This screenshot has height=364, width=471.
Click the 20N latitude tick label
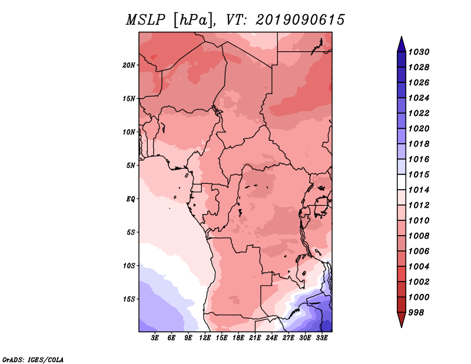[x=129, y=65]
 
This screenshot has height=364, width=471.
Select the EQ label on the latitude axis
[x=131, y=199]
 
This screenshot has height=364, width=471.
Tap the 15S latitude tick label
[x=129, y=299]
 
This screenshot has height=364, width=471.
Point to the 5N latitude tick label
[x=131, y=166]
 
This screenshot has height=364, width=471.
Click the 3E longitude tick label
[x=155, y=338]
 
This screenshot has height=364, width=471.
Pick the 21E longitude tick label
[x=255, y=338]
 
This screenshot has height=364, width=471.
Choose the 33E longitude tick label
[x=321, y=338]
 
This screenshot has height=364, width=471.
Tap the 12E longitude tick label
[x=205, y=338]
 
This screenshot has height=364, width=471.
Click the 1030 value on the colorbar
[x=419, y=52]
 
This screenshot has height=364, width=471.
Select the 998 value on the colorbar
[x=416, y=313]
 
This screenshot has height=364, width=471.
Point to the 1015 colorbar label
[x=419, y=174]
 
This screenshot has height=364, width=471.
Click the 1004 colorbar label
[x=419, y=267]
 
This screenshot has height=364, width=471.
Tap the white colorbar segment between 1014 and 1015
[x=402, y=182]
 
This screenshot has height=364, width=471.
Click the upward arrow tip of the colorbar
[x=402, y=37]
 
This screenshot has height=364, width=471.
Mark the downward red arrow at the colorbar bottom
[x=402, y=320]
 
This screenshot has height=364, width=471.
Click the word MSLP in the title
[x=145, y=20]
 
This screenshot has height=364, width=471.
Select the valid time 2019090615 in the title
[x=300, y=20]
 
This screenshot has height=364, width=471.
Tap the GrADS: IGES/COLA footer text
[x=33, y=360]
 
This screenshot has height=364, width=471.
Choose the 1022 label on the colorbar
[x=419, y=113]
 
